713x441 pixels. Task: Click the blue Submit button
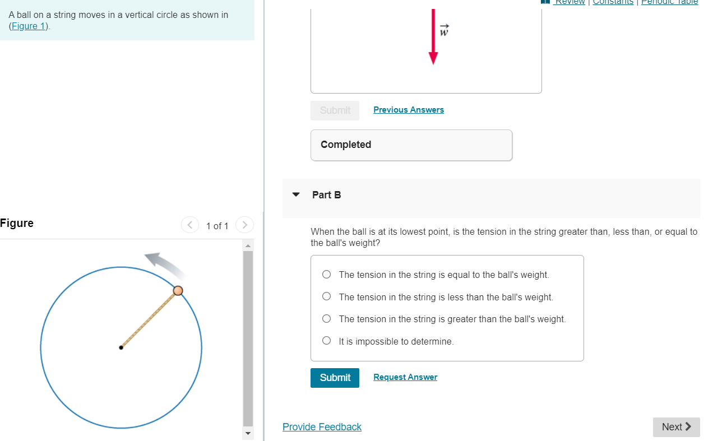(x=335, y=378)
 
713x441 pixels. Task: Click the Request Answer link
(x=405, y=377)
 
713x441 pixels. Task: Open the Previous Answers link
(x=409, y=110)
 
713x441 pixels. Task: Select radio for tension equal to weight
(x=327, y=275)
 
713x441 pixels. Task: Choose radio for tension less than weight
(x=327, y=297)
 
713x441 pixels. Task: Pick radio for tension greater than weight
(x=327, y=319)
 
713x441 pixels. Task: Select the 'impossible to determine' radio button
(x=327, y=341)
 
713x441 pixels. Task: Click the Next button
(x=676, y=427)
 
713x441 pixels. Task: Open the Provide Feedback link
(x=322, y=427)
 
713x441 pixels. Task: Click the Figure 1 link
(x=29, y=26)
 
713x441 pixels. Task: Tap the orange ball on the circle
(x=178, y=290)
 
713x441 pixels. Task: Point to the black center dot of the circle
(x=121, y=347)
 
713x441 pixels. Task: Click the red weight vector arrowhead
(x=433, y=58)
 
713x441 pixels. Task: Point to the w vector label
(x=444, y=31)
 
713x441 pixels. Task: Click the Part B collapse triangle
(x=296, y=195)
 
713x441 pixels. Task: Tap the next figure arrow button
(x=244, y=225)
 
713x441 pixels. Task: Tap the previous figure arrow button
(x=190, y=225)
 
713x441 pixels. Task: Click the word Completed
(x=346, y=145)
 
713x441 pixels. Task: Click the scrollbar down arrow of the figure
(x=248, y=434)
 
